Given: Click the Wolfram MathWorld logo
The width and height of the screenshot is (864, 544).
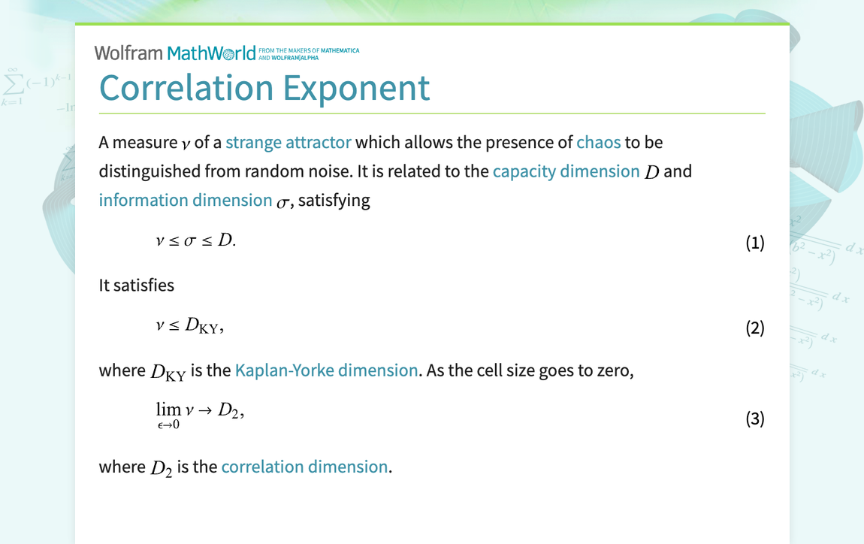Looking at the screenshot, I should point(180,53).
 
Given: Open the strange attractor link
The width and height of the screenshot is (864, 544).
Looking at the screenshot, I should point(288,143).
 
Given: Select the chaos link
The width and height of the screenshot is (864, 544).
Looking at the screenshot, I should point(598,143).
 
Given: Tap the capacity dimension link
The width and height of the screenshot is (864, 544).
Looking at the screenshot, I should point(566,171).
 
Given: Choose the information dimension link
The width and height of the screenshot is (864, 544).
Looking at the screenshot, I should point(185,200).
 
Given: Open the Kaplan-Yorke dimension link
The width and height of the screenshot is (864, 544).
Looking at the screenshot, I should point(326,370).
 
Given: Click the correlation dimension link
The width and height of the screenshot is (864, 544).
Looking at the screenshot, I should point(304,467).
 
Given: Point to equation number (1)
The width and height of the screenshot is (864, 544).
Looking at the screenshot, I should point(754,243).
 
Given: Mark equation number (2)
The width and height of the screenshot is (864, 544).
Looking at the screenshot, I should point(754,328).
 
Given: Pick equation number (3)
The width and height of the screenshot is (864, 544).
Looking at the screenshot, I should point(754,419).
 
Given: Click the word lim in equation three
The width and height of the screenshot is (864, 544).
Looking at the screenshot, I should point(168,410).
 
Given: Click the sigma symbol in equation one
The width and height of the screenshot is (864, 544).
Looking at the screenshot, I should point(190,241).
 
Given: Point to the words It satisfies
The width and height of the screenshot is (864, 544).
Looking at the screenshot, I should point(136,286).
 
